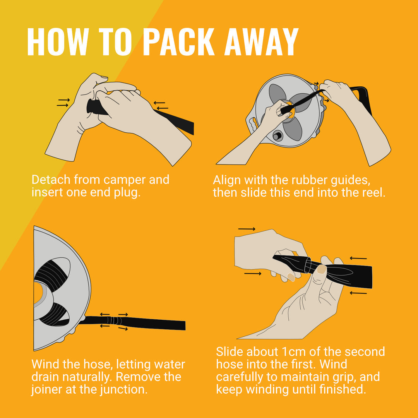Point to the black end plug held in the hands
96,107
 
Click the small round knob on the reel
277,136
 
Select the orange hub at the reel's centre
288,112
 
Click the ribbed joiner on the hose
114,320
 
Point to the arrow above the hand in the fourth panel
247,229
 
